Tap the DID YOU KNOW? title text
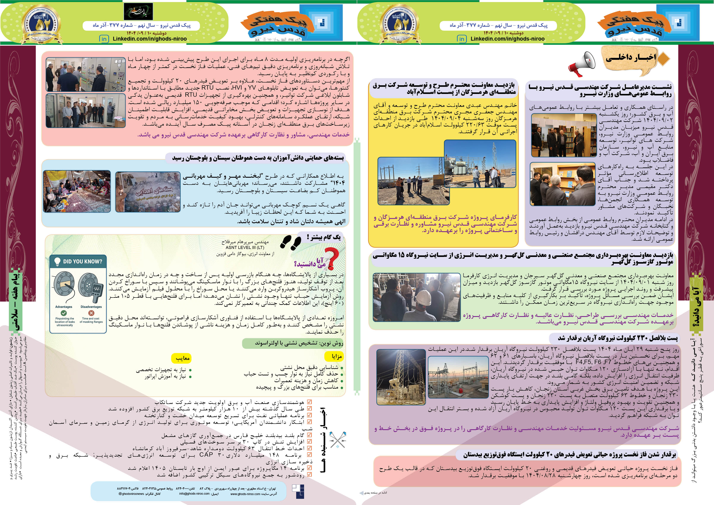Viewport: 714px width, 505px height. click(82, 261)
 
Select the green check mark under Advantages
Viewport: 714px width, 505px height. click(64, 313)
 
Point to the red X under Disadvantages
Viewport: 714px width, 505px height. click(91, 313)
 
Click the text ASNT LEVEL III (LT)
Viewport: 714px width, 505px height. click(245, 247)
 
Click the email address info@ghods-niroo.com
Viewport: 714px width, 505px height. click(194, 494)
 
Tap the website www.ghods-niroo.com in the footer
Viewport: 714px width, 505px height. click(245, 494)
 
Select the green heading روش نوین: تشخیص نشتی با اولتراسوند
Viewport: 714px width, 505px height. click(299, 343)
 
